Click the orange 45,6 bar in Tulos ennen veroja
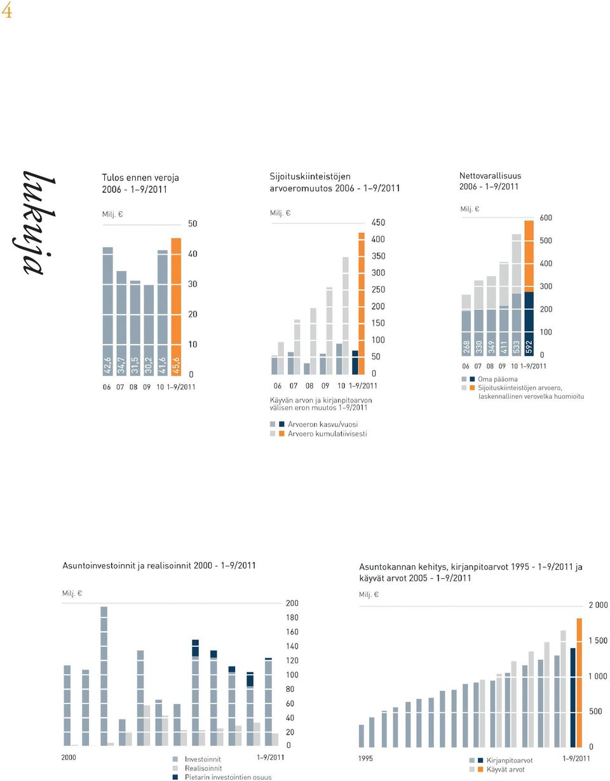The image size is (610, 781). (x=176, y=307)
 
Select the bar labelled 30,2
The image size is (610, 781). (x=149, y=330)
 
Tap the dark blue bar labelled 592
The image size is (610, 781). (x=529, y=324)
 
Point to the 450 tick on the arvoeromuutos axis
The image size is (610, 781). (x=378, y=223)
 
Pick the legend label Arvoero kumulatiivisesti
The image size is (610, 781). (x=327, y=434)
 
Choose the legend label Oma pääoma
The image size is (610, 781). (x=498, y=379)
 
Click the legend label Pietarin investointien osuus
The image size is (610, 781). (x=228, y=777)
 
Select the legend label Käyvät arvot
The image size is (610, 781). (x=506, y=769)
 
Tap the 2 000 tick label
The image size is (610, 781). (x=598, y=605)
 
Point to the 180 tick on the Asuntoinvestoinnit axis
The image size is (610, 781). (x=292, y=617)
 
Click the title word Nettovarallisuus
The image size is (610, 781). (x=490, y=176)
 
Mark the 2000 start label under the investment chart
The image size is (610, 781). (x=69, y=757)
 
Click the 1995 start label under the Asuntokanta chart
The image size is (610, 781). (x=365, y=758)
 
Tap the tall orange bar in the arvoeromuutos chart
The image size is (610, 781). (x=362, y=303)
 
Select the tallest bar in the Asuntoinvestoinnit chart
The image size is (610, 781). (x=104, y=676)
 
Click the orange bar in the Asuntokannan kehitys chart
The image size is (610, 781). (x=579, y=683)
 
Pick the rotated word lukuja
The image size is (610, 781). (x=35, y=223)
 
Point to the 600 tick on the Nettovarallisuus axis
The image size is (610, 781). (x=546, y=218)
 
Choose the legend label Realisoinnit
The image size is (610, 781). (x=203, y=768)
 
